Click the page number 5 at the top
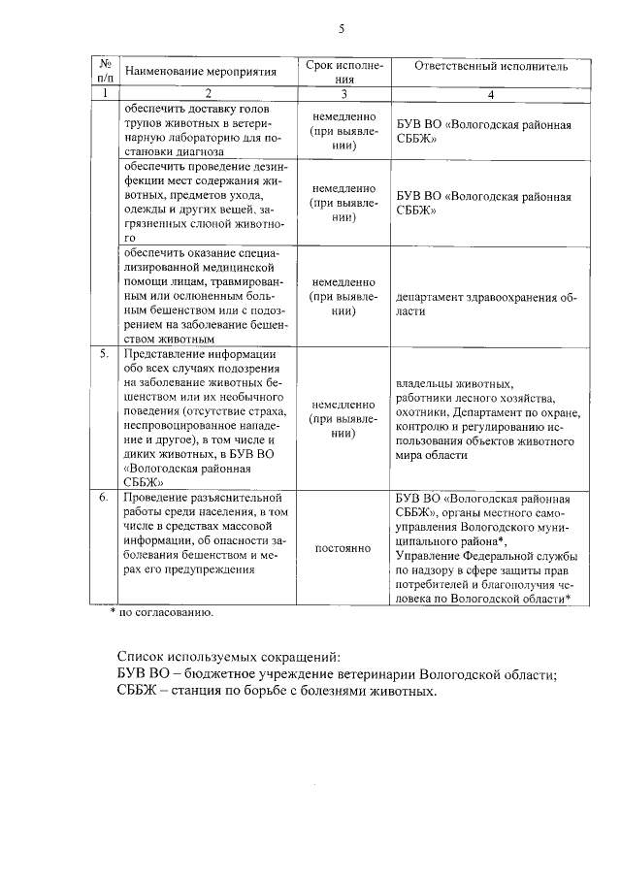tap(341, 30)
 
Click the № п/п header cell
tap(103, 71)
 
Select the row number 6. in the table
tap(103, 497)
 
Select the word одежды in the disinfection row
tap(145, 209)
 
